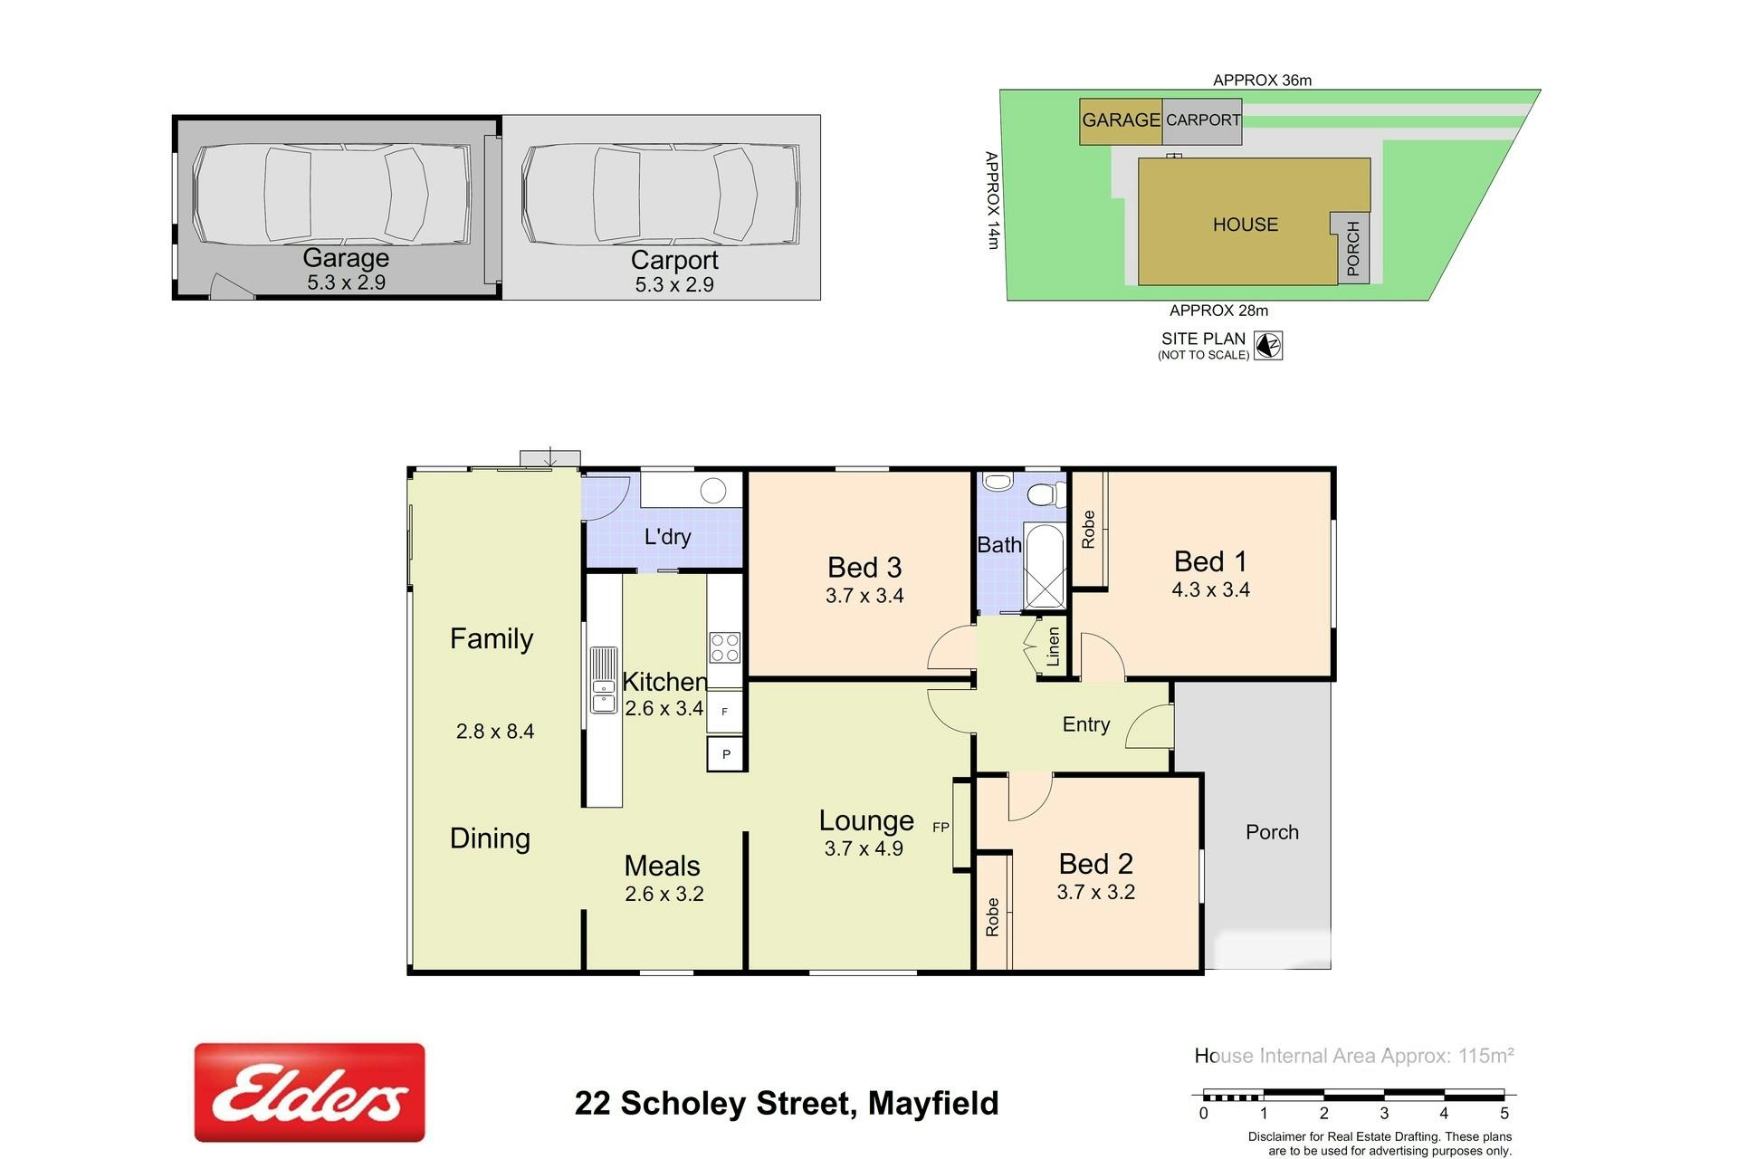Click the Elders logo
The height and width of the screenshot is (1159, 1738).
pos(310,1092)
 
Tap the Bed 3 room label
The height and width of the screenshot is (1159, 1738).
pos(864,568)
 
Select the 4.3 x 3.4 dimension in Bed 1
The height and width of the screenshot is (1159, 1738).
pos(1210,589)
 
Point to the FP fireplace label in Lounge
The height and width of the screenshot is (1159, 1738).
pos(941,827)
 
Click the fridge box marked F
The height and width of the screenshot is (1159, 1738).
pos(724,712)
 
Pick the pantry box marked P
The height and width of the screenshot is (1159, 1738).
pos(725,753)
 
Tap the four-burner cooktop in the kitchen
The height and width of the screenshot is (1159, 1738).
pos(724,647)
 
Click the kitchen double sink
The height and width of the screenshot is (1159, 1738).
pos(604,680)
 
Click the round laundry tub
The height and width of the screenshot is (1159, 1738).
pos(713,491)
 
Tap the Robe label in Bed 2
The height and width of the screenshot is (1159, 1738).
pos(992,917)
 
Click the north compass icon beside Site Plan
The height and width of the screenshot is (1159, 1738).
pos(1268,345)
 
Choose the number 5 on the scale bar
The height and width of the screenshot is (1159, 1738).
pos(1504,1114)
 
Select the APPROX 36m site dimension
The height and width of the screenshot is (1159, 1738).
pos(1262,80)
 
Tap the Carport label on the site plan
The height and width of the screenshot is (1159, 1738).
pos(1203,120)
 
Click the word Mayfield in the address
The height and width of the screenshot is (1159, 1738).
pos(933,1103)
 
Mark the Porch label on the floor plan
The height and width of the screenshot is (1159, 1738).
pos(1272,832)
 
